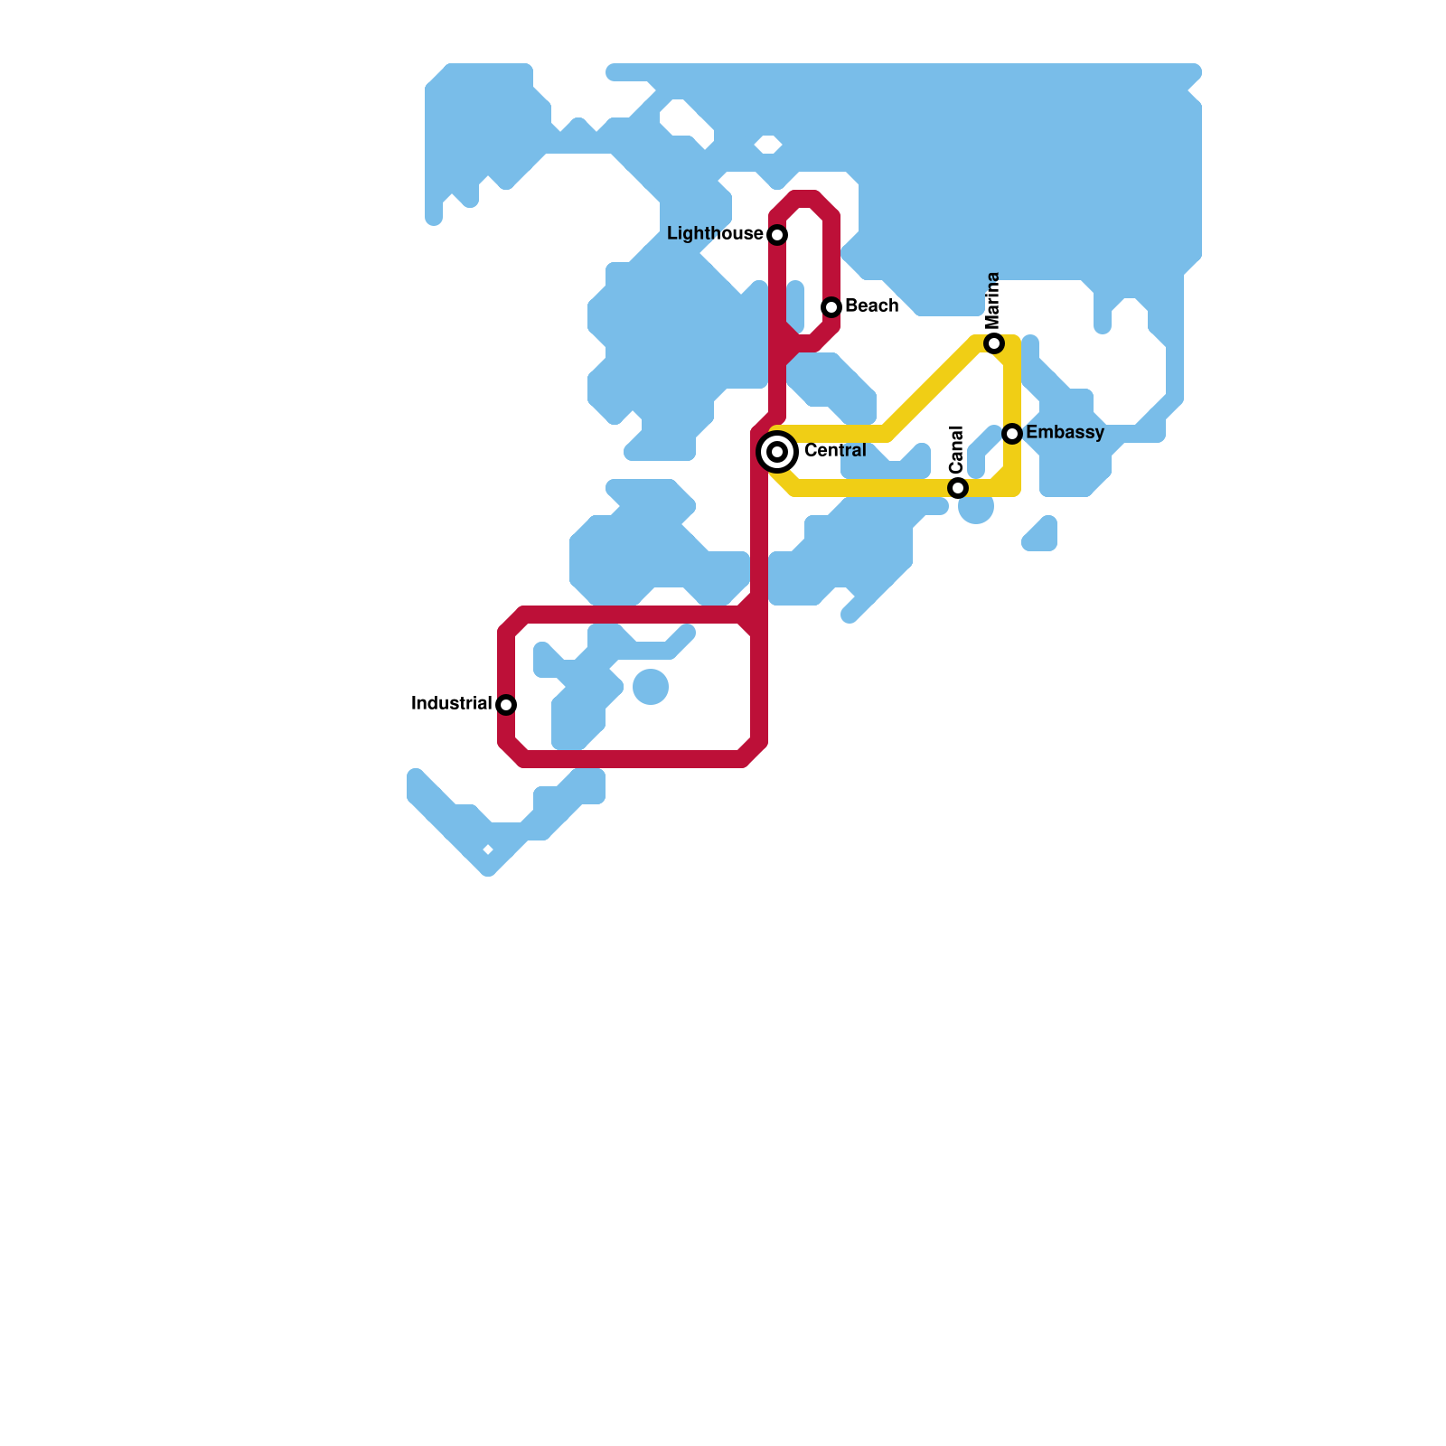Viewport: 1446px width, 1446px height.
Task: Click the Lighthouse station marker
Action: [x=777, y=235]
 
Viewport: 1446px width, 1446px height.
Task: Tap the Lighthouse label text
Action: [x=715, y=234]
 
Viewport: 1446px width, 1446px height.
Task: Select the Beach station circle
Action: [x=831, y=307]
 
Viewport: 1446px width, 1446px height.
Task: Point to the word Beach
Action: [x=871, y=306]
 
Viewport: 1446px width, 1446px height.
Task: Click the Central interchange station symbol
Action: [x=777, y=451]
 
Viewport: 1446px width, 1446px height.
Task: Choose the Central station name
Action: [x=835, y=450]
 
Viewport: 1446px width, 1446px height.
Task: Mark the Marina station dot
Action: [x=994, y=343]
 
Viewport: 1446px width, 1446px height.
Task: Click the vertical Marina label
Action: [x=993, y=301]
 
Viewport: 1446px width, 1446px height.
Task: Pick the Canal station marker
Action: [x=958, y=488]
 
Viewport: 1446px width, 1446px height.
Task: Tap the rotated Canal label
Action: [x=957, y=449]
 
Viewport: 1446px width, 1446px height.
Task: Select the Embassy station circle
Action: [x=1012, y=434]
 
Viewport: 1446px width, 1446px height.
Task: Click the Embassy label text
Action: [x=1065, y=433]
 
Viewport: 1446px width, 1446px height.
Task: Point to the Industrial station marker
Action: [x=506, y=705]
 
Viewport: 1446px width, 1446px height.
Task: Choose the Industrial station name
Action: [x=451, y=703]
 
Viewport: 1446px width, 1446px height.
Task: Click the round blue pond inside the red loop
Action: [x=651, y=687]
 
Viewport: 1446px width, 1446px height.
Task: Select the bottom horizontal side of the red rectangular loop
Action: [x=633, y=759]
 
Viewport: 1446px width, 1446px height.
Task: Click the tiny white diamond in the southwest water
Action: [x=488, y=850]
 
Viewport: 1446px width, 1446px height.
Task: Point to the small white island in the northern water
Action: [x=768, y=144]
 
